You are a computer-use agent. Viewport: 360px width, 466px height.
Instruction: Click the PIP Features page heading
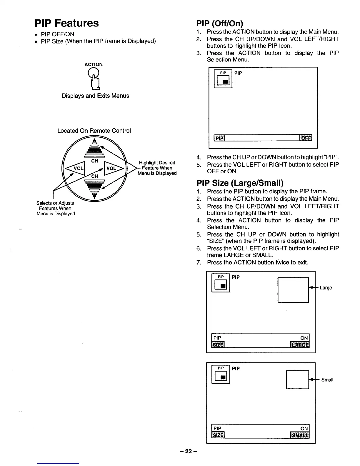point(67,23)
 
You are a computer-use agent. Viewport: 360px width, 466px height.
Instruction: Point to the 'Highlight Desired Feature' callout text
point(157,168)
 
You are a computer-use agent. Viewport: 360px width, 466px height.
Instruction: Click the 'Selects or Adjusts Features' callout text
point(56,208)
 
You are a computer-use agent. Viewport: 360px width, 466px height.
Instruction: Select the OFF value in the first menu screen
point(306,138)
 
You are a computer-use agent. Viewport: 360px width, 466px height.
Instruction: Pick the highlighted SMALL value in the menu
point(300,435)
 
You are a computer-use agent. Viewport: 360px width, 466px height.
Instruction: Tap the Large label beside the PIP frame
point(326,288)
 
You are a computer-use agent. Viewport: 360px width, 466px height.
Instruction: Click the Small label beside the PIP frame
point(327,380)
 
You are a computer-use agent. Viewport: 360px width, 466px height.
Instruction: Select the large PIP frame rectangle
point(293,290)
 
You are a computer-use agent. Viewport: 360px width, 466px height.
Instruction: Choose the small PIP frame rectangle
point(297,380)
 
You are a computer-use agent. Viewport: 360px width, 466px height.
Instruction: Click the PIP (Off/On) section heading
point(220,23)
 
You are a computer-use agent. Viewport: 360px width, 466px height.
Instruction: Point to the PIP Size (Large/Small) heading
point(240,183)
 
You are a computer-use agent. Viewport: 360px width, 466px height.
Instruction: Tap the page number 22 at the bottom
point(188,451)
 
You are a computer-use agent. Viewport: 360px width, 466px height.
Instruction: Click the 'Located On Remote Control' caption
point(94,131)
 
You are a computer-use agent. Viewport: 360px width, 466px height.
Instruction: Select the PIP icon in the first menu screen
point(223,79)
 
